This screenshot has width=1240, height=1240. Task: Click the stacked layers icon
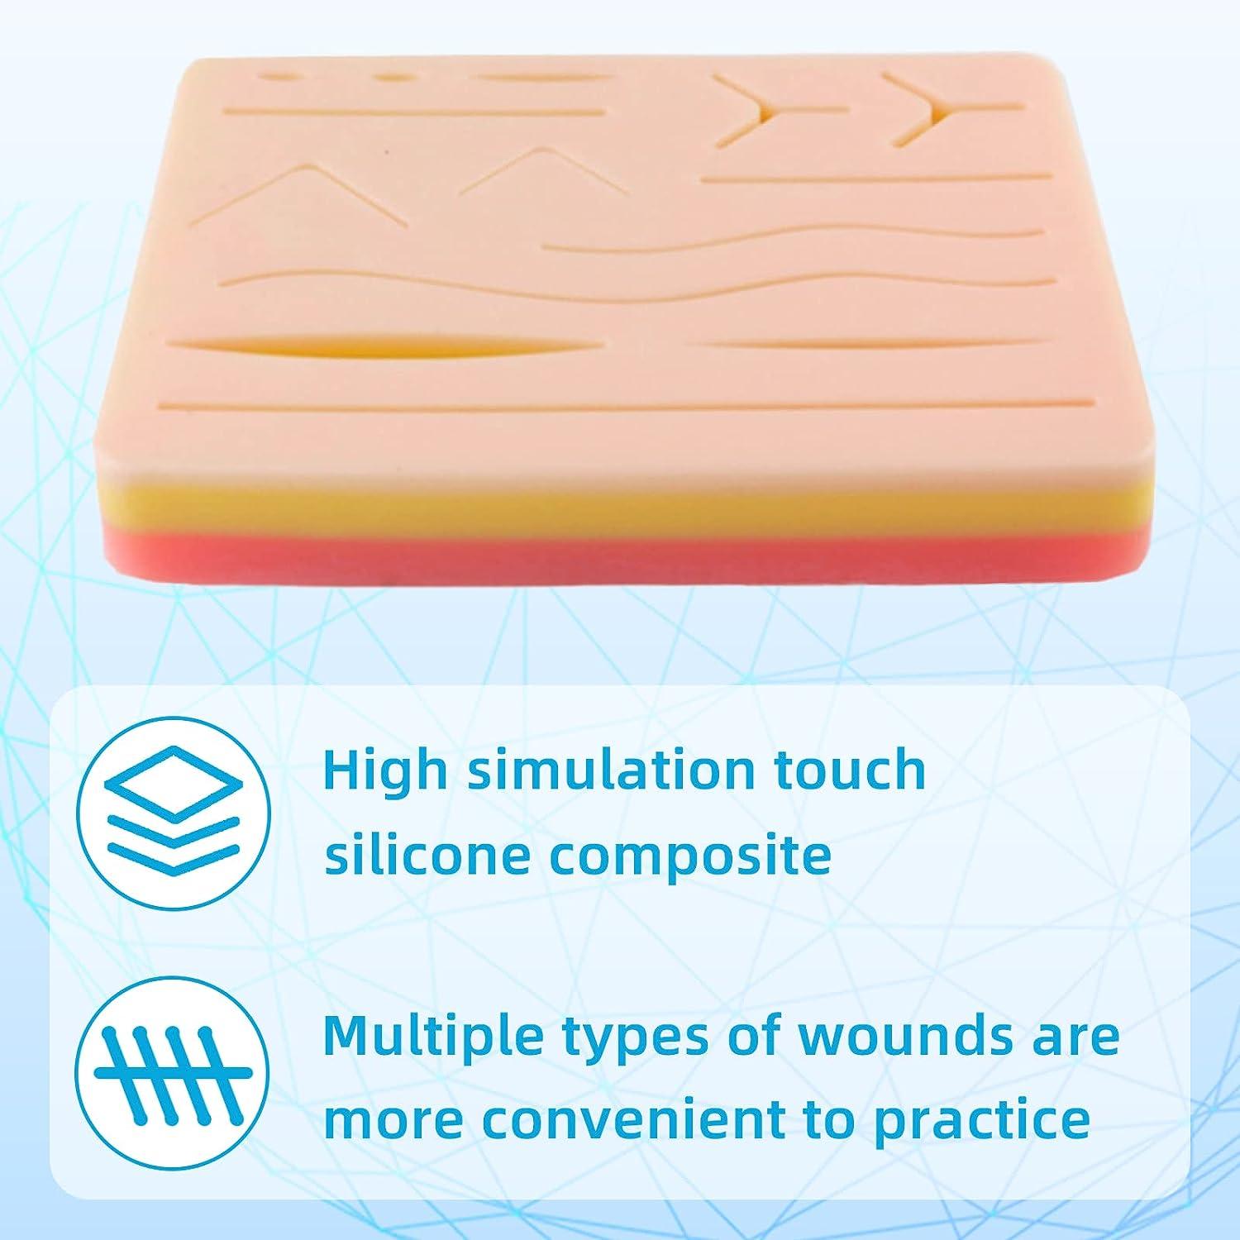coord(174,809)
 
